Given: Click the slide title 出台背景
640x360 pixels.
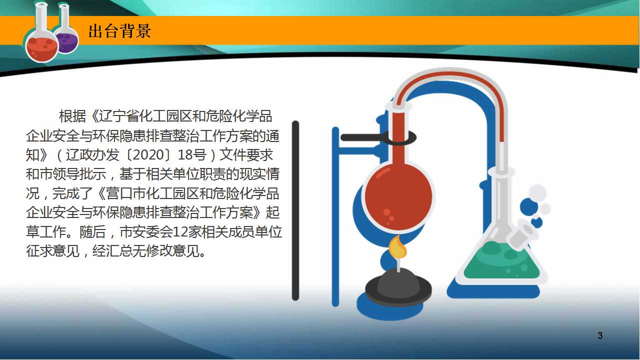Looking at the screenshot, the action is pyautogui.click(x=119, y=31).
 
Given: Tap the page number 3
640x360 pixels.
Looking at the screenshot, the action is pyautogui.click(x=600, y=335).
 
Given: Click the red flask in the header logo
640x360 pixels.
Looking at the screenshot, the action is pyautogui.click(x=41, y=34).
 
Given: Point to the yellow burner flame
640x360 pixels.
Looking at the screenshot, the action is pyautogui.click(x=397, y=247).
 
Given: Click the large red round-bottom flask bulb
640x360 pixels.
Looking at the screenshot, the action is pyautogui.click(x=398, y=196).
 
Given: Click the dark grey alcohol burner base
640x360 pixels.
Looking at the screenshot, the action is pyautogui.click(x=398, y=287).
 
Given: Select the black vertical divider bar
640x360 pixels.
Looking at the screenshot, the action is pyautogui.click(x=295, y=210).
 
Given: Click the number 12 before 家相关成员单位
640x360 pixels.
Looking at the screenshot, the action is pyautogui.click(x=180, y=232).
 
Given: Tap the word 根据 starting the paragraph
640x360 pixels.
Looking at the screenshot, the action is pyautogui.click(x=72, y=116).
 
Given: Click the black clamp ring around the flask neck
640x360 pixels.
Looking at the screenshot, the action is pyautogui.click(x=399, y=137).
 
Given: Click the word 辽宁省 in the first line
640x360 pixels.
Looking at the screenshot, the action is pyautogui.click(x=119, y=116).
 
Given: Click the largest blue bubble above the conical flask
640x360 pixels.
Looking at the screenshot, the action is pyautogui.click(x=529, y=207).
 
